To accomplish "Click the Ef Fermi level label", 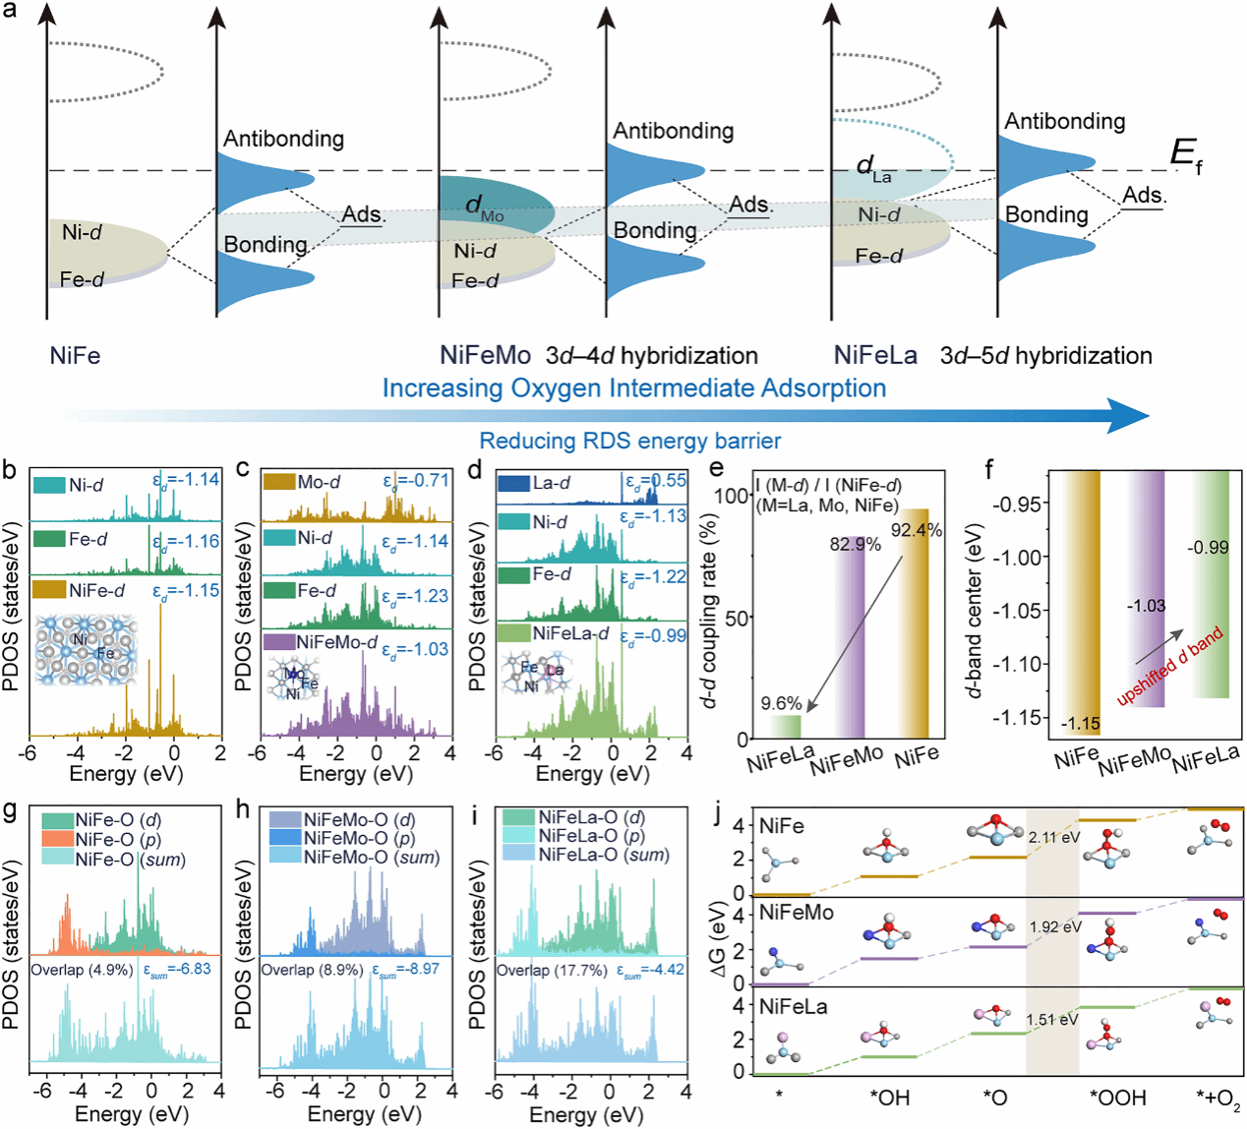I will [1185, 155].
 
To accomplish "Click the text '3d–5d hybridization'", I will [1045, 355].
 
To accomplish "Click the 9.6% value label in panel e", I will [782, 703].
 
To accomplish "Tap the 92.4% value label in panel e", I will [917, 531].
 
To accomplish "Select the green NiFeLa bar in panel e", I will [784, 727].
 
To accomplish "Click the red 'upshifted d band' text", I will [1170, 666].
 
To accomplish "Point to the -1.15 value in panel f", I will [1080, 724].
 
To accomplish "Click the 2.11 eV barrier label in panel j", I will [1054, 838].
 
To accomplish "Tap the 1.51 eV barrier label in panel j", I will [1052, 1020].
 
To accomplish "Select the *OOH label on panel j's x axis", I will [1117, 1098].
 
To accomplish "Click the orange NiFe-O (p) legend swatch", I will [57, 839].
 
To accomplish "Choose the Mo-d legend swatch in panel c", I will [278, 482].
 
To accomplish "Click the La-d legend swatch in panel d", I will [513, 484].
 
